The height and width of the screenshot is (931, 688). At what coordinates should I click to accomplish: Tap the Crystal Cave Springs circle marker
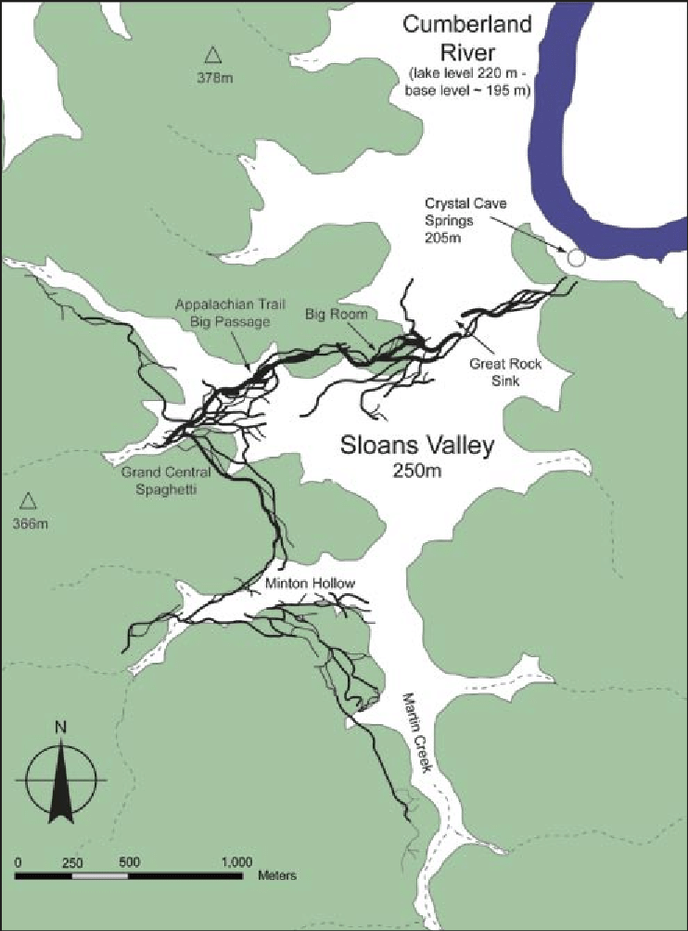coord(577,258)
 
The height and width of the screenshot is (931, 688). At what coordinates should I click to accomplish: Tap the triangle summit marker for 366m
coord(28,501)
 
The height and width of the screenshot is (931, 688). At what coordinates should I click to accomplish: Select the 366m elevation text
coord(30,524)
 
